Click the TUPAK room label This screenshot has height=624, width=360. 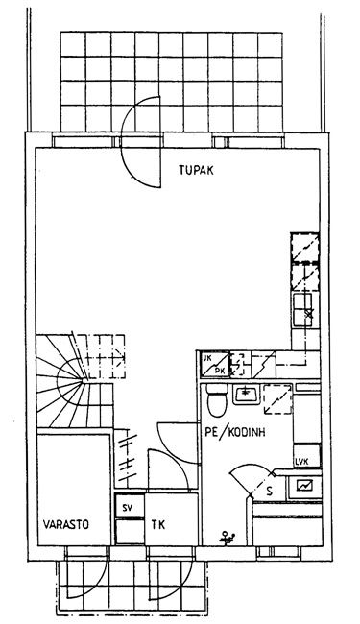tap(196, 170)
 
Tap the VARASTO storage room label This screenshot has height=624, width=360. tap(66, 524)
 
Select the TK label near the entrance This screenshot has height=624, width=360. tap(158, 524)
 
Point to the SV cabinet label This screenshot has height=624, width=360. tap(128, 508)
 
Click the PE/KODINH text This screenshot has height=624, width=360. tap(235, 432)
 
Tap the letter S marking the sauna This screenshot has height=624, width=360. tap(270, 492)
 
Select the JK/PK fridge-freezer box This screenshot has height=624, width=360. tap(215, 364)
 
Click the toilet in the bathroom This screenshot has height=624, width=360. tap(217, 400)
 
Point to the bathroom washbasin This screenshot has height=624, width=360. tap(247, 395)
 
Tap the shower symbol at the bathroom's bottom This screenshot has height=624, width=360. tap(228, 538)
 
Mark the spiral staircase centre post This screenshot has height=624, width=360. tap(84, 381)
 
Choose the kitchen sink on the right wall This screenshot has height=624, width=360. tap(305, 310)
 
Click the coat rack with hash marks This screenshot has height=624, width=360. tap(127, 458)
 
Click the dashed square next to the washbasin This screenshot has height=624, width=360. tap(278, 399)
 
